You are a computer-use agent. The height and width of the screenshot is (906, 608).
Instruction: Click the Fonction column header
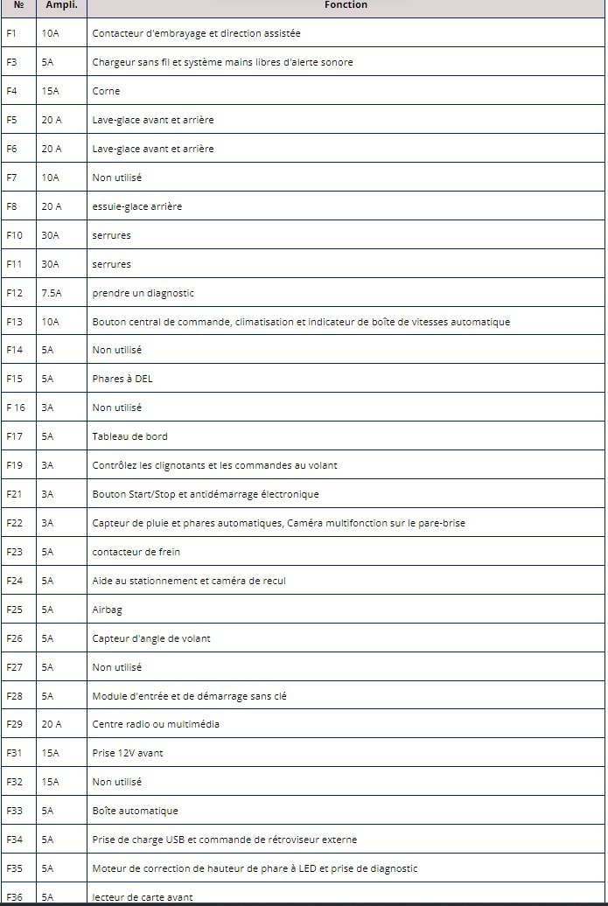tap(346, 5)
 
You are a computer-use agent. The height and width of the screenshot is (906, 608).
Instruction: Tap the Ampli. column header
tap(60, 5)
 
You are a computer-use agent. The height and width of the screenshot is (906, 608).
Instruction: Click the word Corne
tap(106, 91)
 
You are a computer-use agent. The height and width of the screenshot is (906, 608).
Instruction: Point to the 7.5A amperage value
tap(51, 293)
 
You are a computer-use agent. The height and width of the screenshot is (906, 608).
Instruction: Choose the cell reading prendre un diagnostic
tap(143, 293)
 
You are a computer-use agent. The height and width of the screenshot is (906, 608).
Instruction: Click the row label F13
tap(14, 322)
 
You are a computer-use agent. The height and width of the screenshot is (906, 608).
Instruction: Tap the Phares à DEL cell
tap(122, 379)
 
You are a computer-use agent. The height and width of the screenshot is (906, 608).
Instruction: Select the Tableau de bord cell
tap(130, 436)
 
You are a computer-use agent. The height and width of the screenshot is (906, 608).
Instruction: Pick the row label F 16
tap(16, 408)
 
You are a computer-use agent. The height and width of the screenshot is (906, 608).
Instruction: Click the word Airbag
tap(107, 610)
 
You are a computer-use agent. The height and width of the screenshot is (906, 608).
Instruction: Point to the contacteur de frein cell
tap(136, 552)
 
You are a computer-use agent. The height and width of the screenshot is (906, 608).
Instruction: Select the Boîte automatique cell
tap(135, 811)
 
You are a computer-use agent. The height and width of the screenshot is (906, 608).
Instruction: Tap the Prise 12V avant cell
tap(128, 753)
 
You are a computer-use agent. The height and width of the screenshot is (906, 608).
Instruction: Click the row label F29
tap(14, 724)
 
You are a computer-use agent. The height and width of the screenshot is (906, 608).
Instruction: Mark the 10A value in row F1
tap(50, 33)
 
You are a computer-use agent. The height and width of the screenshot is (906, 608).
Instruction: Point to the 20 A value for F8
tap(52, 206)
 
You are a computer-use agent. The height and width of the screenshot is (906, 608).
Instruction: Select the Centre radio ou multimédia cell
tap(156, 724)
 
